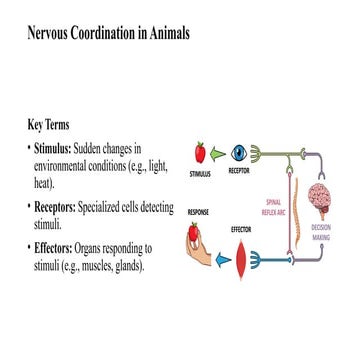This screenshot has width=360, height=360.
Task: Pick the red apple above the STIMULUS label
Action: (200, 152)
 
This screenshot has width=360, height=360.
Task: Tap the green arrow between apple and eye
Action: (219, 154)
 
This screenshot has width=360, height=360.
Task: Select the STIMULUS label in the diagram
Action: (201, 173)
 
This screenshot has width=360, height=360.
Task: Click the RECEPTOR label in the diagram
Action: (239, 171)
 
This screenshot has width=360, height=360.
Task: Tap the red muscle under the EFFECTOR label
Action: (241, 259)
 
